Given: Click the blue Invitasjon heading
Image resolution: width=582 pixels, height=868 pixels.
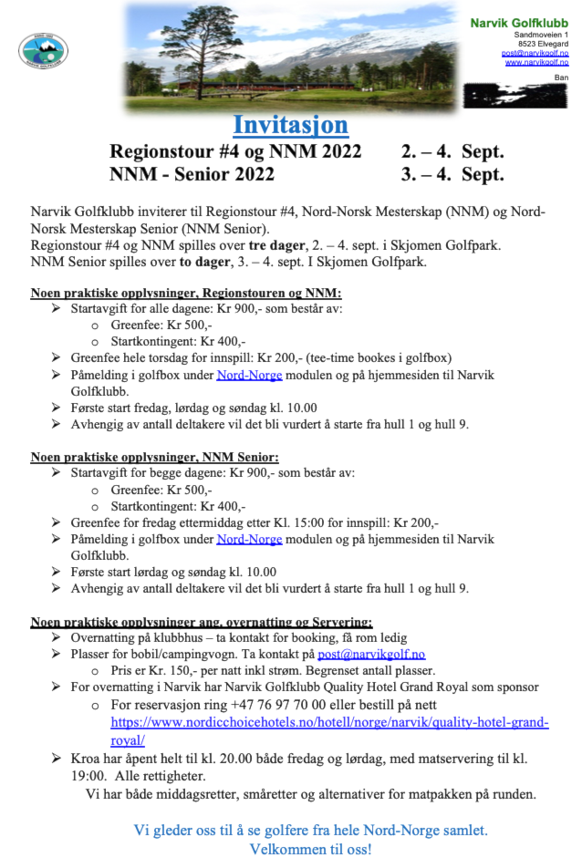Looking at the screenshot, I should click(290, 124).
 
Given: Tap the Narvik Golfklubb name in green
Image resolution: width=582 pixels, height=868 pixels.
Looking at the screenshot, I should click(519, 22).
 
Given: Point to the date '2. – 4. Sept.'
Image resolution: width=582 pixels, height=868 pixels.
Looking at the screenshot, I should click(452, 151).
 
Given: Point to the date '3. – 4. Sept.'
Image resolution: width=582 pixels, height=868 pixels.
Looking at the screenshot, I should click(452, 174).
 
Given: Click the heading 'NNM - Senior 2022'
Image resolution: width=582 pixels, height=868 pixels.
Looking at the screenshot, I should click(192, 174).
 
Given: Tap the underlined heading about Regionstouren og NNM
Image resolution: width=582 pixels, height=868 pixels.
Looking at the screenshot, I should click(186, 293).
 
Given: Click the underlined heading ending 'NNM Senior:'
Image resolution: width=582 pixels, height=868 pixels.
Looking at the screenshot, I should click(155, 457).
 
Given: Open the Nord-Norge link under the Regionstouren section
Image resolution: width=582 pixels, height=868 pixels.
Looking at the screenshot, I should click(249, 375).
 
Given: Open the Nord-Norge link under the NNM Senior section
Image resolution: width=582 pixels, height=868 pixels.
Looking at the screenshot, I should click(249, 539).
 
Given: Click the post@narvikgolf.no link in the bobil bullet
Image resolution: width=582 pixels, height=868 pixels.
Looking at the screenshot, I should click(371, 654).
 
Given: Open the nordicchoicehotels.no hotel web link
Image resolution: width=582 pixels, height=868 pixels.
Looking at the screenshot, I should click(329, 722).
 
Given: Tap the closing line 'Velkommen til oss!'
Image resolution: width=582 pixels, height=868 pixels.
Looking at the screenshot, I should click(310, 850).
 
